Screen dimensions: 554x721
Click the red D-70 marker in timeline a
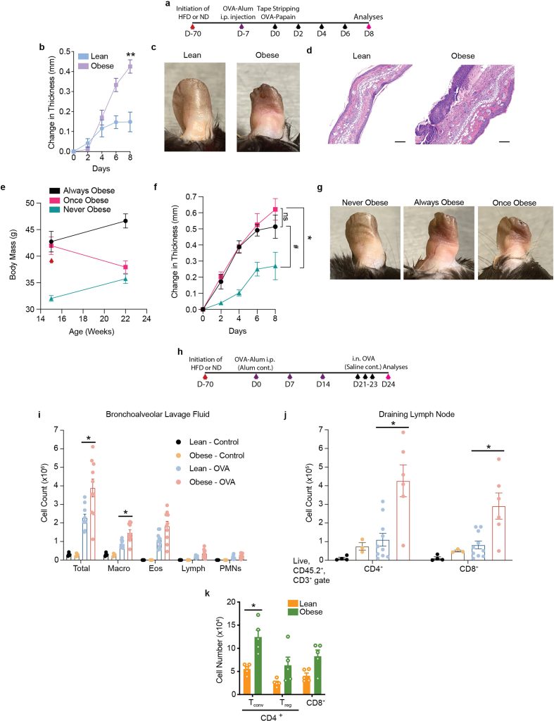coord(192,27)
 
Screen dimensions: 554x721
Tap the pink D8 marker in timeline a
coord(368,27)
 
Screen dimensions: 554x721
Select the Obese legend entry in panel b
coord(96,65)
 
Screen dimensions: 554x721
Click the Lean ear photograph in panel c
coord(195,107)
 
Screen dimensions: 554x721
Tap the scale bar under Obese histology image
coord(504,142)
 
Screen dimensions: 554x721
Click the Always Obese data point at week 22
coord(125,221)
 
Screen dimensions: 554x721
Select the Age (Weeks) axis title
coord(92,331)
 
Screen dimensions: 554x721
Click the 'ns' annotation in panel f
coord(285,216)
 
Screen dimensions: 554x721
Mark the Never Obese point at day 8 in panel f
coord(275,265)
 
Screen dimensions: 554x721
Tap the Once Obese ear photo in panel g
coord(515,243)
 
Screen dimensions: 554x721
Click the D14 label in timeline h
coord(322,384)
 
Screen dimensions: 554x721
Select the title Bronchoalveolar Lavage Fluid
coord(158,414)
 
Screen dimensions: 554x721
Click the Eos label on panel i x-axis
coord(156,568)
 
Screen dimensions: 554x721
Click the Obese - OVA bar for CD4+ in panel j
coord(403,520)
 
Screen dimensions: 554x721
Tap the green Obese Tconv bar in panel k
coord(258,665)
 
